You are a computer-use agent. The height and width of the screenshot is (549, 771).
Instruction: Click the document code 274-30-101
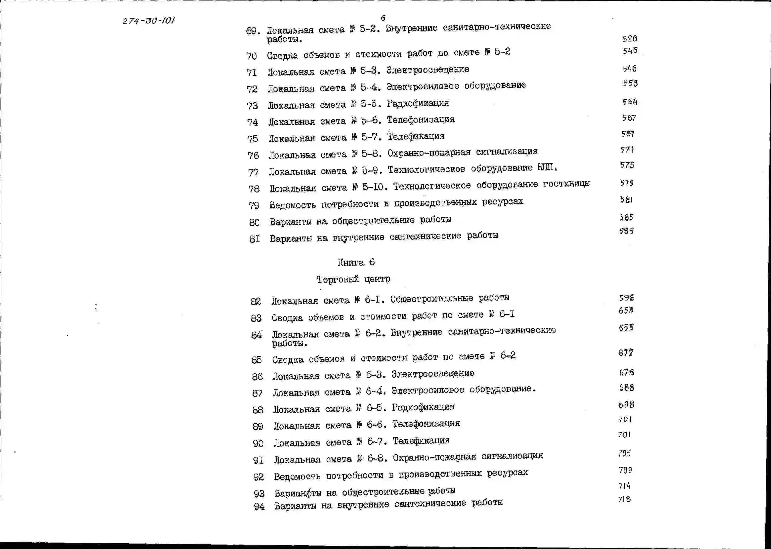pos(149,21)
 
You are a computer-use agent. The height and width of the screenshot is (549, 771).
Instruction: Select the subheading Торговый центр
pos(353,279)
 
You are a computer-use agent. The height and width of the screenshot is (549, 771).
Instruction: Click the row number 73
pos(252,106)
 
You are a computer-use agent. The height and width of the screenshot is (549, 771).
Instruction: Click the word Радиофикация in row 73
pos(418,103)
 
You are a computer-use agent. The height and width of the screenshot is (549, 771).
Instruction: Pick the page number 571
pos(627,149)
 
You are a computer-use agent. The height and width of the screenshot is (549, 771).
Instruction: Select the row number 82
pos(256,301)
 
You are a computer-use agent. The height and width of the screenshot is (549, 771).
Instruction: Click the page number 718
pos(624,499)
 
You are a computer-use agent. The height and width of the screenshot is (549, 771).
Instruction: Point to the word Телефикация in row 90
pos(421,441)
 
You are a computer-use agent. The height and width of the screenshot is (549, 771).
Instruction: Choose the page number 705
pos(625,453)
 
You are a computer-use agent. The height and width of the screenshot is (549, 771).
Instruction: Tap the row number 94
pos(259,507)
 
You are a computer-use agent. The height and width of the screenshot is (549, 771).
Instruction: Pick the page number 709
pos(625,470)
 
